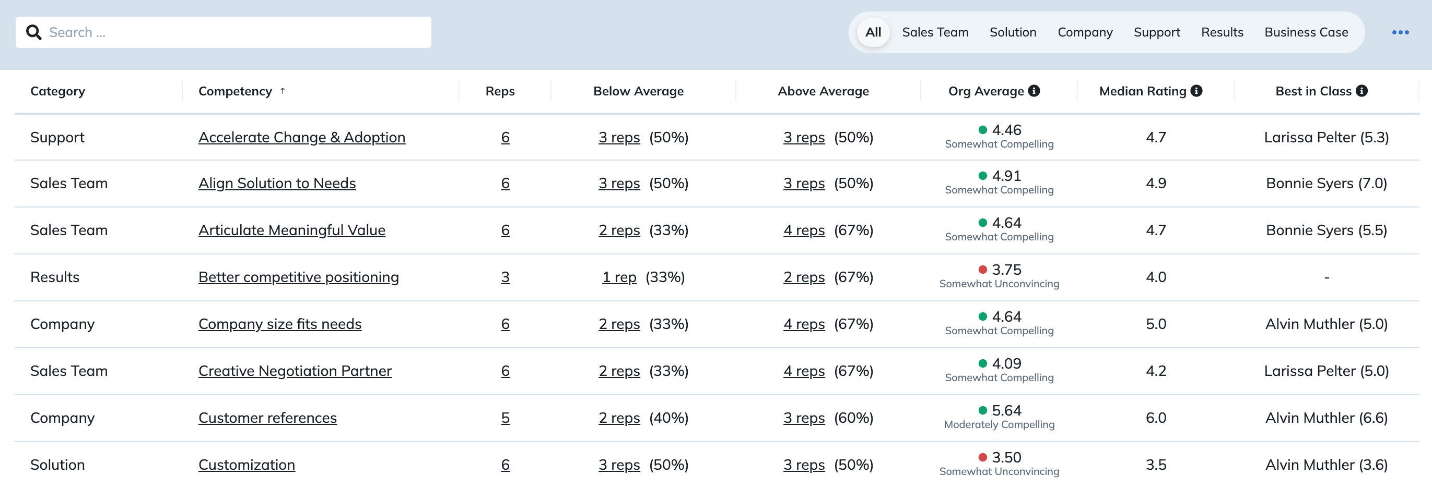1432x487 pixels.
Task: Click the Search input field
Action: [224, 32]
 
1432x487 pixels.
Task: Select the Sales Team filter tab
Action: [935, 32]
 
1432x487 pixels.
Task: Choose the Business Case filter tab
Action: [1306, 32]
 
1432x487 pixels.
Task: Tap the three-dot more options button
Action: [1400, 32]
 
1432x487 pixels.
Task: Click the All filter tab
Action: [873, 32]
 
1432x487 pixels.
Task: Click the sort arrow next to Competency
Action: [283, 91]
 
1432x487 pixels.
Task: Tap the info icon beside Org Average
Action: [1034, 91]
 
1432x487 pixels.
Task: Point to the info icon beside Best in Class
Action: [1361, 91]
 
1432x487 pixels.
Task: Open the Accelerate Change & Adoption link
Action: [302, 137]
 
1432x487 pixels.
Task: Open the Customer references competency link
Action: [267, 418]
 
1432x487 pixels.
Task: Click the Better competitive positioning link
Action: [299, 277]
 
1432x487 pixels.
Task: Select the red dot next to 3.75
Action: [982, 270]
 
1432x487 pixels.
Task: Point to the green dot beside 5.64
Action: [982, 410]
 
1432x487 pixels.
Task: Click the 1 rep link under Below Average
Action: [619, 277]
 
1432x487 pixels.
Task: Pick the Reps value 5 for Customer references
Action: [506, 418]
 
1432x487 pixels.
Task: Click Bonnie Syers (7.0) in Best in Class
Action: [1327, 183]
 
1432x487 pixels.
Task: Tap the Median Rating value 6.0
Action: [1156, 418]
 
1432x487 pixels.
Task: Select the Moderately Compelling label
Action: [999, 425]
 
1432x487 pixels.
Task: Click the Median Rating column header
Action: [1142, 91]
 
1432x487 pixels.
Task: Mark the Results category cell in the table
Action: [54, 277]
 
